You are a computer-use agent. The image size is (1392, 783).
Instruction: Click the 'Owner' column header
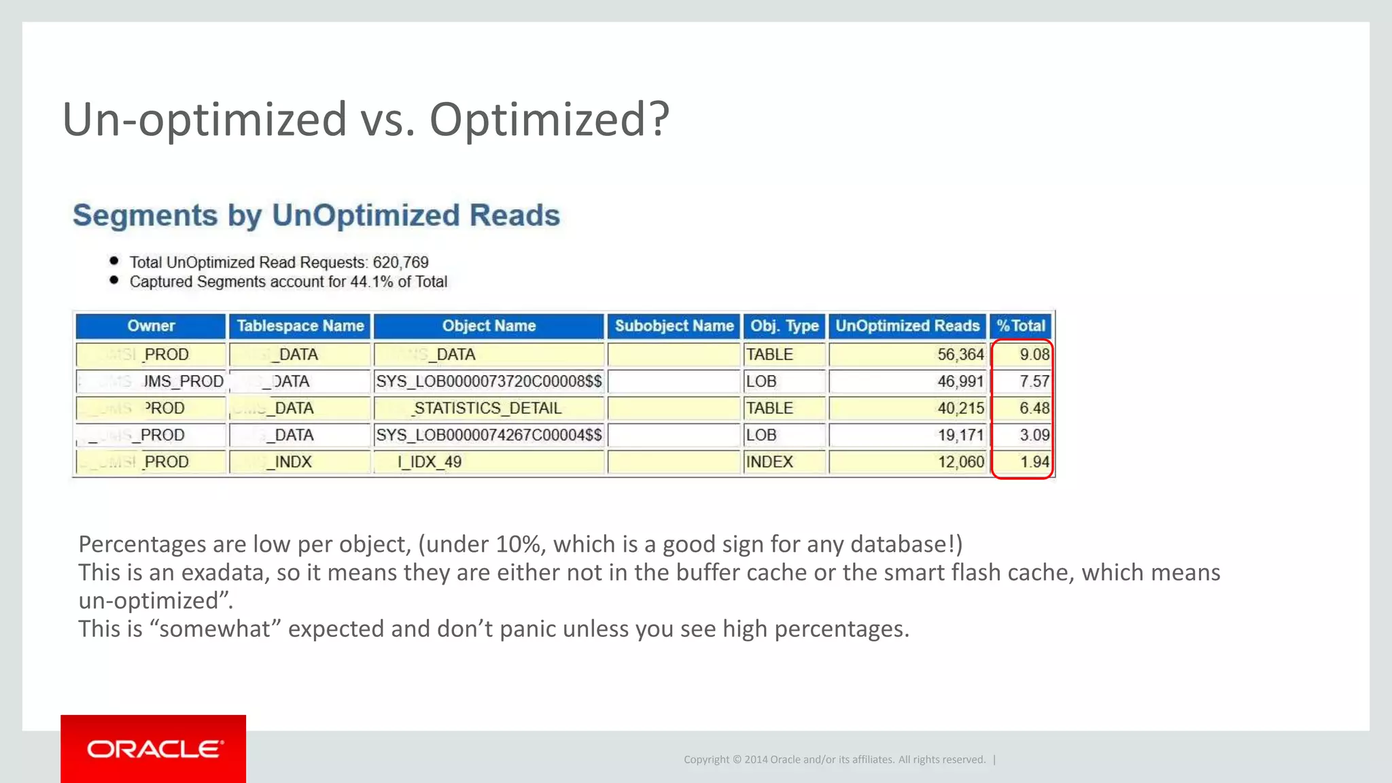pyautogui.click(x=151, y=326)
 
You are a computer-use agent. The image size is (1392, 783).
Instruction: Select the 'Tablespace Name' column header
pyautogui.click(x=300, y=326)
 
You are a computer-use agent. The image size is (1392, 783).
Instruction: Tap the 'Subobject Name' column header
pyautogui.click(x=674, y=326)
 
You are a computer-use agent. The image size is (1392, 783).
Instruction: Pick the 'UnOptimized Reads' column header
pyautogui.click(x=907, y=326)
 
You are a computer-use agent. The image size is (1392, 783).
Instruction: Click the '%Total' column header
pyautogui.click(x=1021, y=326)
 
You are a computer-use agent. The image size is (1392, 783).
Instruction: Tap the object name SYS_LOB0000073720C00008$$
pyautogui.click(x=489, y=381)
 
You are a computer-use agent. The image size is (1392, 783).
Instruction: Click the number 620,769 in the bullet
pyautogui.click(x=400, y=262)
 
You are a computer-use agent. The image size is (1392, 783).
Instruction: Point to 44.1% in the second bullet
pyautogui.click(x=371, y=282)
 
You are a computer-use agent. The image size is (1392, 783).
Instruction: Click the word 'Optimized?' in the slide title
pyautogui.click(x=549, y=120)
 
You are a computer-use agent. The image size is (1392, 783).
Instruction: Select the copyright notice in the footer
pyautogui.click(x=834, y=759)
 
